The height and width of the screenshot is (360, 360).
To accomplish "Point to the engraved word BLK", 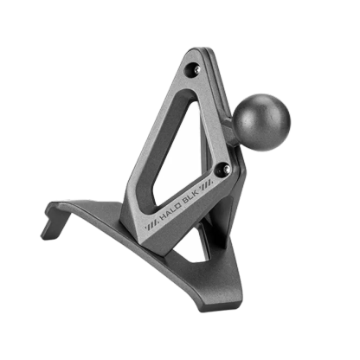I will click(x=192, y=192).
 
